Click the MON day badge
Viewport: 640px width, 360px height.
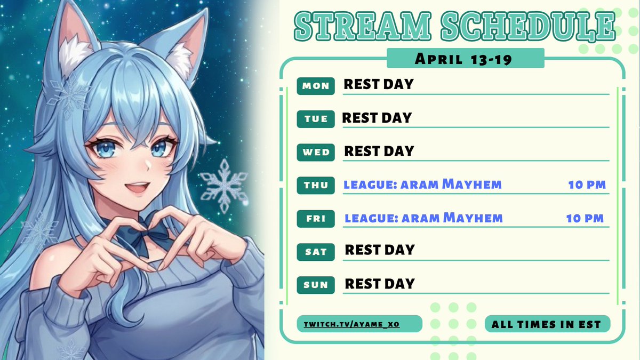316,86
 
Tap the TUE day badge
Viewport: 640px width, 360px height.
316,119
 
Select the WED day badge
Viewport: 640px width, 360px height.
316,153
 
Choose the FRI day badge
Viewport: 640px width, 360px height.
316,219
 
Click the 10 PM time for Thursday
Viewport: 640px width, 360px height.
587,185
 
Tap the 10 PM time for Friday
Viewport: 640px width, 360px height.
585,218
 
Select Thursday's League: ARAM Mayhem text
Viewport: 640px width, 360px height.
422,185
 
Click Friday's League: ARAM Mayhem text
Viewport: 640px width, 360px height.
423,218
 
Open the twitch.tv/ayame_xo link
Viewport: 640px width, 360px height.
359,324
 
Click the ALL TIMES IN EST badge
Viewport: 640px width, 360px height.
547,324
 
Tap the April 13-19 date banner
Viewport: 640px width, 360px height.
465,58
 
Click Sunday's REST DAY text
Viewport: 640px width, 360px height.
380,284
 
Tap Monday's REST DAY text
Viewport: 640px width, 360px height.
379,84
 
